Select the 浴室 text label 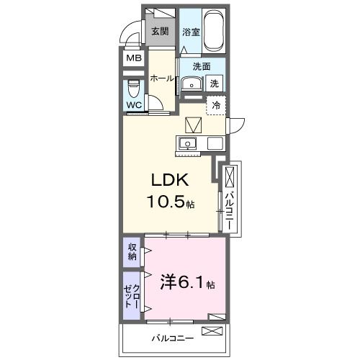tap(190, 32)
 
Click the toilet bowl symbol tap(133, 89)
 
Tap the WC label tap(133, 105)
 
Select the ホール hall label tap(162, 78)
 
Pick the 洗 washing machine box tap(215, 84)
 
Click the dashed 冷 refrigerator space tap(216, 105)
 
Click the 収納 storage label tap(132, 252)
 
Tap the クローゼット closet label tap(132, 295)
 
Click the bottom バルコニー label tap(171, 337)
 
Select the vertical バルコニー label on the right tap(229, 204)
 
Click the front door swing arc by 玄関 tap(129, 34)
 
